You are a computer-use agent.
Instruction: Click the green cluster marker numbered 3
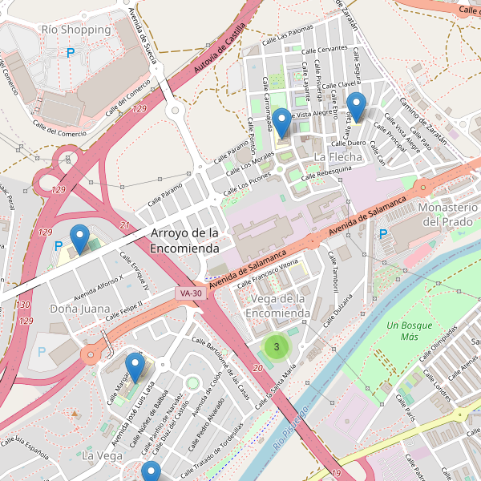pos(277,346)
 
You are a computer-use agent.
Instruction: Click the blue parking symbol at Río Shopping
pos(71,52)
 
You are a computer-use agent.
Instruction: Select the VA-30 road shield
pos(190,294)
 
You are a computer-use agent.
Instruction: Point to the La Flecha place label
pos(338,156)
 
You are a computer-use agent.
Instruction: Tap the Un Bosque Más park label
pos(409,331)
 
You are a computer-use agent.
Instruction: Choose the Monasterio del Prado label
pos(449,214)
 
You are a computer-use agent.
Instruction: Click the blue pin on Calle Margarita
pos(135,366)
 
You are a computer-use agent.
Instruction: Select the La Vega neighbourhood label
pos(102,455)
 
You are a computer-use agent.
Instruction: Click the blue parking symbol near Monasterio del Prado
pos(383,234)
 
